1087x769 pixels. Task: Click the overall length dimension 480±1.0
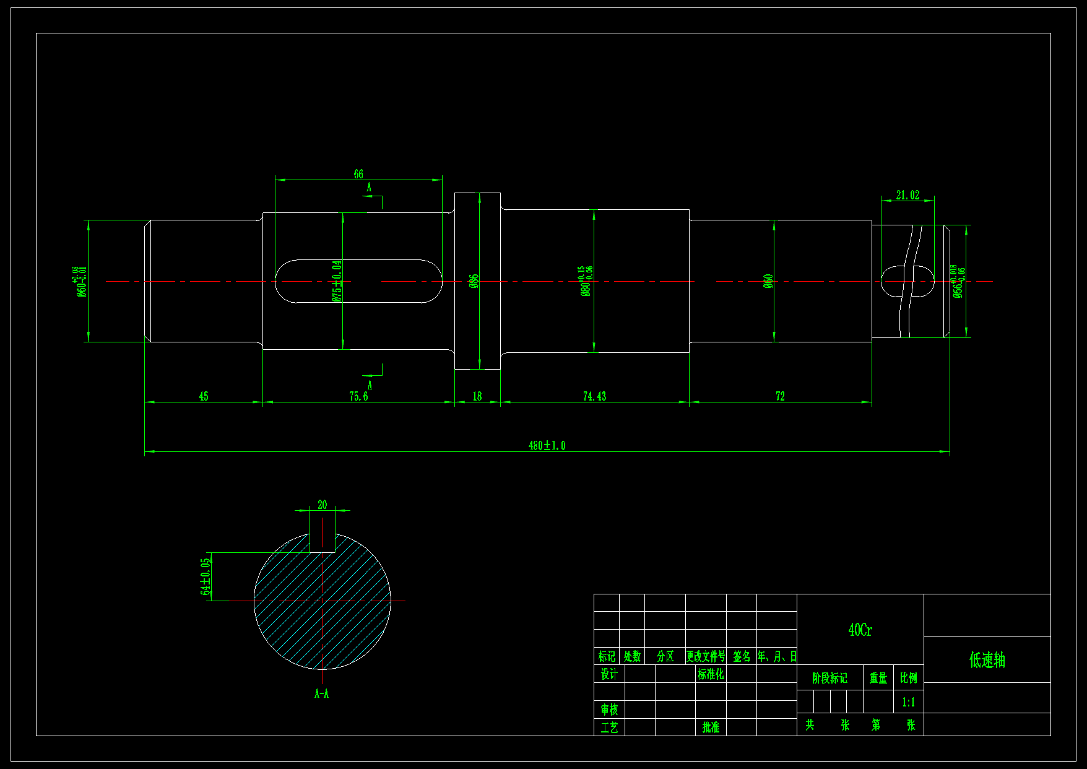[547, 446]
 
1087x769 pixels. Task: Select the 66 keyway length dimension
[358, 174]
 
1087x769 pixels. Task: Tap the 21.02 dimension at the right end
[907, 196]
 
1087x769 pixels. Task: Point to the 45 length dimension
[204, 396]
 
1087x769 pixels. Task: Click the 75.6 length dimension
[358, 396]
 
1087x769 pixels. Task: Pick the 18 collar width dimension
[477, 396]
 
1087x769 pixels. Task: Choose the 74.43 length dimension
[594, 396]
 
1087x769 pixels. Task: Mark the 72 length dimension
[780, 396]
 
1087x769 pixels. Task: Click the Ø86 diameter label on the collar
[474, 282]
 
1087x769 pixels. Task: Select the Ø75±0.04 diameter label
[337, 280]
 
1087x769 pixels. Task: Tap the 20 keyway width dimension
[322, 505]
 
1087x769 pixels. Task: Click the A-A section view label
[322, 693]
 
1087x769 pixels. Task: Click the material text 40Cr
[860, 630]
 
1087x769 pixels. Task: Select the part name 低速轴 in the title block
[987, 660]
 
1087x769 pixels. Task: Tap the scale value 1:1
[908, 702]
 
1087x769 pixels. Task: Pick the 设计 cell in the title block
[609, 674]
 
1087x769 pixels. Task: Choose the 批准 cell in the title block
[711, 727]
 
